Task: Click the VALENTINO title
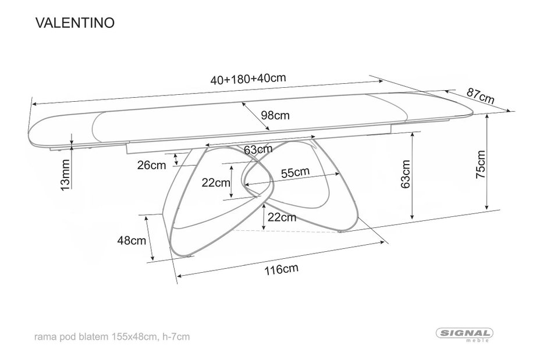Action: (75, 23)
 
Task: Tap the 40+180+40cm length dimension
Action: (248, 79)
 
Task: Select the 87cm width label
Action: (481, 96)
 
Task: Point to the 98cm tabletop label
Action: (275, 115)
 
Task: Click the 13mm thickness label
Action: (65, 174)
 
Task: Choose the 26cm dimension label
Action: (151, 165)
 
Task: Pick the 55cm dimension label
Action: (295, 172)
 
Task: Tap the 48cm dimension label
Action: (132, 240)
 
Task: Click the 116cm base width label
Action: (281, 269)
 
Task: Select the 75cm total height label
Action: (481, 164)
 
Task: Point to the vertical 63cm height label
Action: (406, 174)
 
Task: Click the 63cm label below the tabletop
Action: (258, 149)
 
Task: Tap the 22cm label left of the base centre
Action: (215, 183)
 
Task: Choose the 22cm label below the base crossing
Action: (282, 217)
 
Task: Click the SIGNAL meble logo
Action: (464, 334)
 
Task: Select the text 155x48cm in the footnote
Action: (133, 336)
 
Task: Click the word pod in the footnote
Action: (68, 337)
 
